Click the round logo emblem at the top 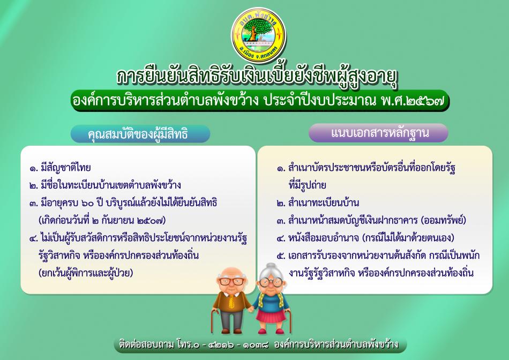click(258, 35)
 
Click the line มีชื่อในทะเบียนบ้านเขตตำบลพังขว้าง click(105, 185)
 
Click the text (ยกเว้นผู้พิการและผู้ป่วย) click(86, 273)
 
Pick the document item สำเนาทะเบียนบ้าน click(318, 203)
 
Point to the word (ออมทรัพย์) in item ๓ click(444, 220)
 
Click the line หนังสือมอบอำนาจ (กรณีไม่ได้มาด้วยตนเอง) click(365, 238)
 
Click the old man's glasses click(231, 281)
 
